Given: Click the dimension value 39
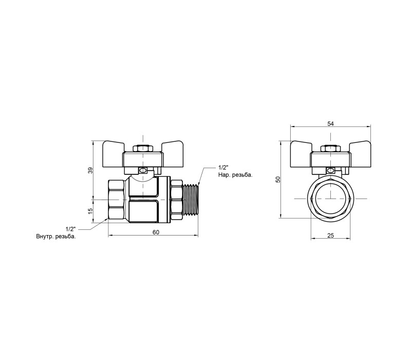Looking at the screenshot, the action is (x=90, y=170).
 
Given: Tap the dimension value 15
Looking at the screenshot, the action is (x=90, y=211).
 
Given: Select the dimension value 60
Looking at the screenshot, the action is (x=156, y=232).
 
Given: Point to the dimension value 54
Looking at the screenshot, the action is (x=330, y=123).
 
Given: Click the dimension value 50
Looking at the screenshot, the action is (x=278, y=179).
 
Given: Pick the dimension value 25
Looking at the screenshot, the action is (x=330, y=236).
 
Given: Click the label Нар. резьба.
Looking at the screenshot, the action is (x=235, y=175).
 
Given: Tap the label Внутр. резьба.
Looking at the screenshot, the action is (x=56, y=237).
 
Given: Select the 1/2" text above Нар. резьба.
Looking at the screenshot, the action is (x=223, y=167).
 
